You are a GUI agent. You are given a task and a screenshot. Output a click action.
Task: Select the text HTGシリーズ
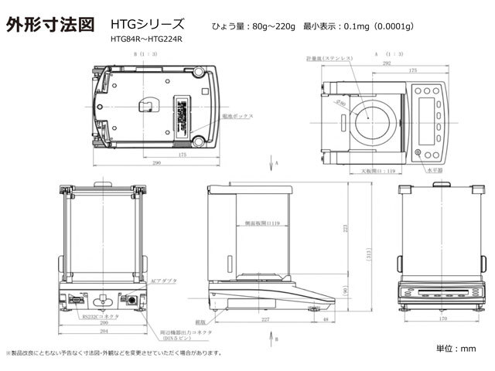147,25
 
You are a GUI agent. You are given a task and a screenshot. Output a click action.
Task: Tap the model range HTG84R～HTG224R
147,39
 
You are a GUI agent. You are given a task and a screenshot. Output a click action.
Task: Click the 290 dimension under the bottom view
157,163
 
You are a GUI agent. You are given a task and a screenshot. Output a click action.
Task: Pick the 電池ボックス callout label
241,115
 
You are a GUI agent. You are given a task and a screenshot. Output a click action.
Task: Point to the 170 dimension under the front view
442,318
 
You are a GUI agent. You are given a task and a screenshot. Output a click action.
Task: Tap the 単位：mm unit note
457,349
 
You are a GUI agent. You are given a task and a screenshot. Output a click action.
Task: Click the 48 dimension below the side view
326,318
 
